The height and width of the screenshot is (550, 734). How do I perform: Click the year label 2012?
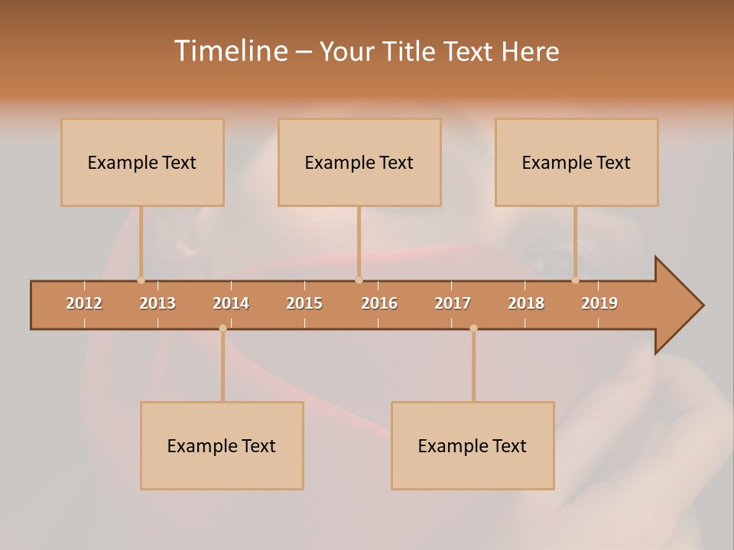[x=84, y=303]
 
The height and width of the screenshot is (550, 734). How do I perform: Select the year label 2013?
[x=158, y=303]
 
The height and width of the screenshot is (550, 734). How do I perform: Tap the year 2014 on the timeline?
[x=231, y=303]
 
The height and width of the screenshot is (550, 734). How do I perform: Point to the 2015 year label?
[x=304, y=303]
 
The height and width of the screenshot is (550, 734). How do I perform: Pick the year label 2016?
[x=379, y=303]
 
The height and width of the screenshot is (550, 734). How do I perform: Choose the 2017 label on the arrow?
[x=453, y=303]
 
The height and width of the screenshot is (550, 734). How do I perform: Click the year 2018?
[x=526, y=303]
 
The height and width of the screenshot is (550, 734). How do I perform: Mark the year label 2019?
[x=599, y=303]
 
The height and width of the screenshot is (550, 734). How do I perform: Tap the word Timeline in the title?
[x=230, y=51]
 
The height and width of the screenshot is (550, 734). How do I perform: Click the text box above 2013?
[x=142, y=162]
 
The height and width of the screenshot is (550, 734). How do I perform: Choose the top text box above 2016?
[x=359, y=162]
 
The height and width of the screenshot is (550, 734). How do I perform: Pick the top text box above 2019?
[x=576, y=162]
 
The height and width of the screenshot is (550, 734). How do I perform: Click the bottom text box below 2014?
[x=222, y=445]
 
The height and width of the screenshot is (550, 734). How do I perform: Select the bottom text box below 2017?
[x=473, y=445]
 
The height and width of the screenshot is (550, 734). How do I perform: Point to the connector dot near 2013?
[x=141, y=280]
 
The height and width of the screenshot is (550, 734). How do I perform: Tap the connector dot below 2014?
[x=222, y=328]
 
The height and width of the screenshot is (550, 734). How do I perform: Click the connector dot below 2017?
[x=473, y=328]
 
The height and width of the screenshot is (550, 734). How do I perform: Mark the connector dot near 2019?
[x=576, y=280]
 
